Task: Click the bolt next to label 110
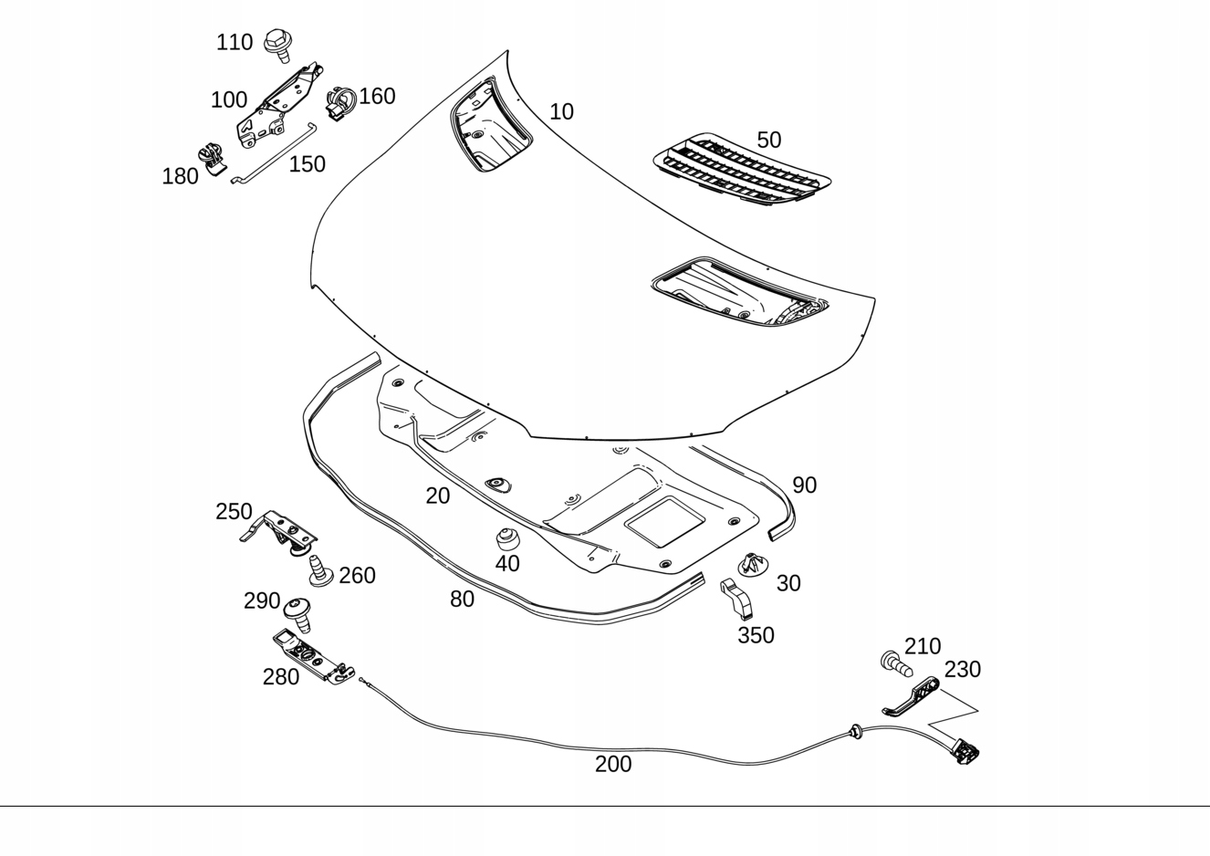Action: pyautogui.click(x=279, y=46)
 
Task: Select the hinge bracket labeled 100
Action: pyautogui.click(x=280, y=107)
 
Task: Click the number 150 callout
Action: pyautogui.click(x=307, y=164)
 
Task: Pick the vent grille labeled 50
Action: pyautogui.click(x=742, y=170)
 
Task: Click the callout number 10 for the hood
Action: pyautogui.click(x=561, y=112)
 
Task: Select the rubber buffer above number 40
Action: pyautogui.click(x=507, y=539)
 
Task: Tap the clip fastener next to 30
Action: pyautogui.click(x=753, y=565)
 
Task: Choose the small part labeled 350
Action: pyautogui.click(x=736, y=600)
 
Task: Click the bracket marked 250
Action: pyautogui.click(x=278, y=533)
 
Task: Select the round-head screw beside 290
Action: pyautogui.click(x=299, y=614)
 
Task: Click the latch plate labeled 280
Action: pyautogui.click(x=314, y=655)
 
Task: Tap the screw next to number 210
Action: pyautogui.click(x=896, y=663)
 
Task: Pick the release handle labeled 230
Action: pyautogui.click(x=912, y=696)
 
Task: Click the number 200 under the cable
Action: pyautogui.click(x=613, y=764)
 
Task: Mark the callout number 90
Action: pyautogui.click(x=804, y=485)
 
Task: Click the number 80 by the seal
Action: pyautogui.click(x=462, y=599)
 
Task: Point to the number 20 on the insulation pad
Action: pyautogui.click(x=437, y=496)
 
